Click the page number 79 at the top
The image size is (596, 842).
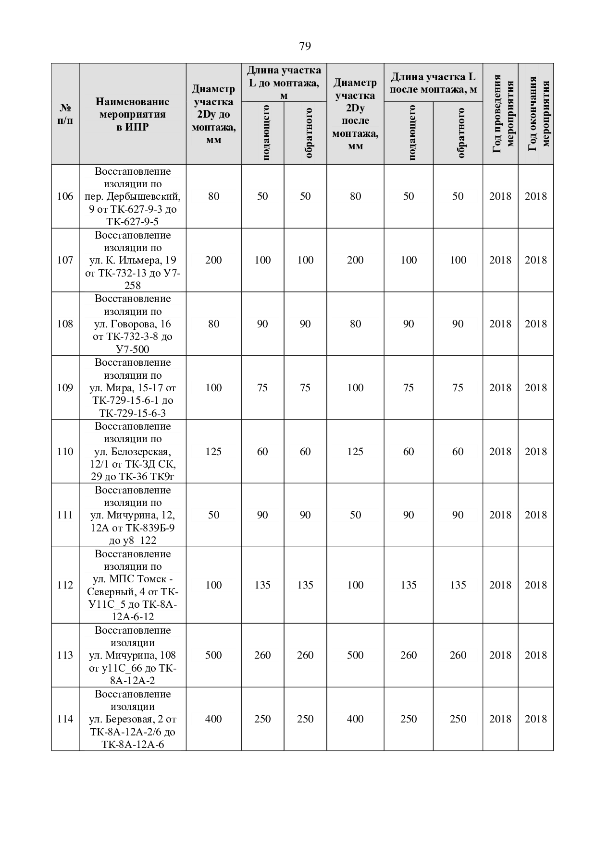(305, 46)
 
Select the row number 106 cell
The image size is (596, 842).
(65, 196)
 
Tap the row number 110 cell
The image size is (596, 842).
(65, 452)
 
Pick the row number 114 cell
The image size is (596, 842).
(65, 719)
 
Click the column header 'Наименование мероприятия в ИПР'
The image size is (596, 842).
(132, 114)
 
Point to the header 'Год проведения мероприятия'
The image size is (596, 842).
(500, 114)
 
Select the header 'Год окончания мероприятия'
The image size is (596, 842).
(536, 114)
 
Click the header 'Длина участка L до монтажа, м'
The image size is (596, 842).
(284, 83)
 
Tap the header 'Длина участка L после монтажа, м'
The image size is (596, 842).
(433, 83)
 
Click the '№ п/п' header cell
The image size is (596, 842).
(65, 114)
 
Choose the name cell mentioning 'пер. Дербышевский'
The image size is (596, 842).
(132, 196)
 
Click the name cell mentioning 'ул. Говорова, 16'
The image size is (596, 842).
(132, 324)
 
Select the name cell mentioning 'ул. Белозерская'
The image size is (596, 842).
(132, 452)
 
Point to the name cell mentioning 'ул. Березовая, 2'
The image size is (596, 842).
(132, 719)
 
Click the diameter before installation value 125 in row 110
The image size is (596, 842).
(213, 452)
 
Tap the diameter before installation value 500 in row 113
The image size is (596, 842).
(213, 655)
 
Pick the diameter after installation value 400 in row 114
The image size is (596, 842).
(355, 719)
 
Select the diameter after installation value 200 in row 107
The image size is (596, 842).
(355, 260)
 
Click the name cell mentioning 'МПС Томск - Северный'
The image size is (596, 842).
(132, 585)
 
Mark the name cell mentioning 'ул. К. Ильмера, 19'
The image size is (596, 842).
(132, 260)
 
